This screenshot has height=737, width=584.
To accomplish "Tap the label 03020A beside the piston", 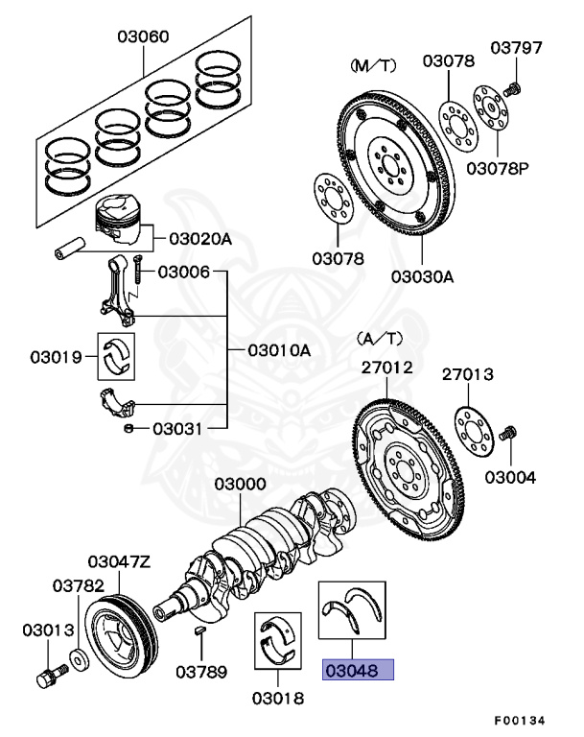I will pyautogui.click(x=200, y=239).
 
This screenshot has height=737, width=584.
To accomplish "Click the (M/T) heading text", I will pyautogui.click(x=372, y=65).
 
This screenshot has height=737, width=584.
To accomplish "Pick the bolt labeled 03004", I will pyautogui.click(x=509, y=438).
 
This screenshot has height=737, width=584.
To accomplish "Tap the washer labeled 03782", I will pyautogui.click(x=77, y=662).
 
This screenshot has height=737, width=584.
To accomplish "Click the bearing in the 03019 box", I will pyautogui.click(x=119, y=356).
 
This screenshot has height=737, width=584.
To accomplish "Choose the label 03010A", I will pyautogui.click(x=279, y=350).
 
